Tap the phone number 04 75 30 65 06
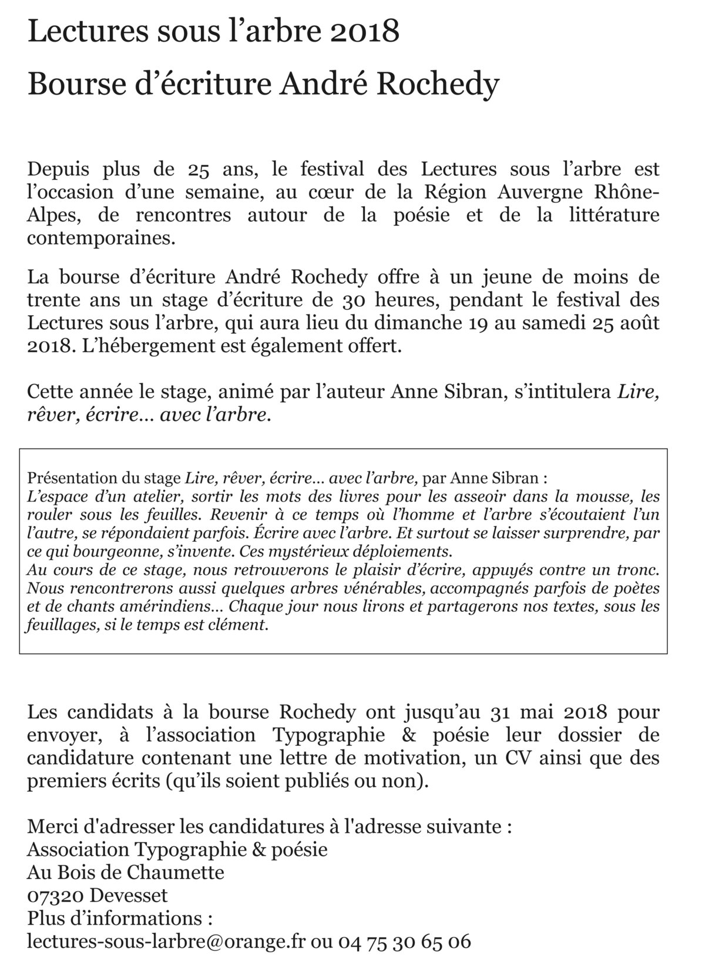[404, 942]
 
